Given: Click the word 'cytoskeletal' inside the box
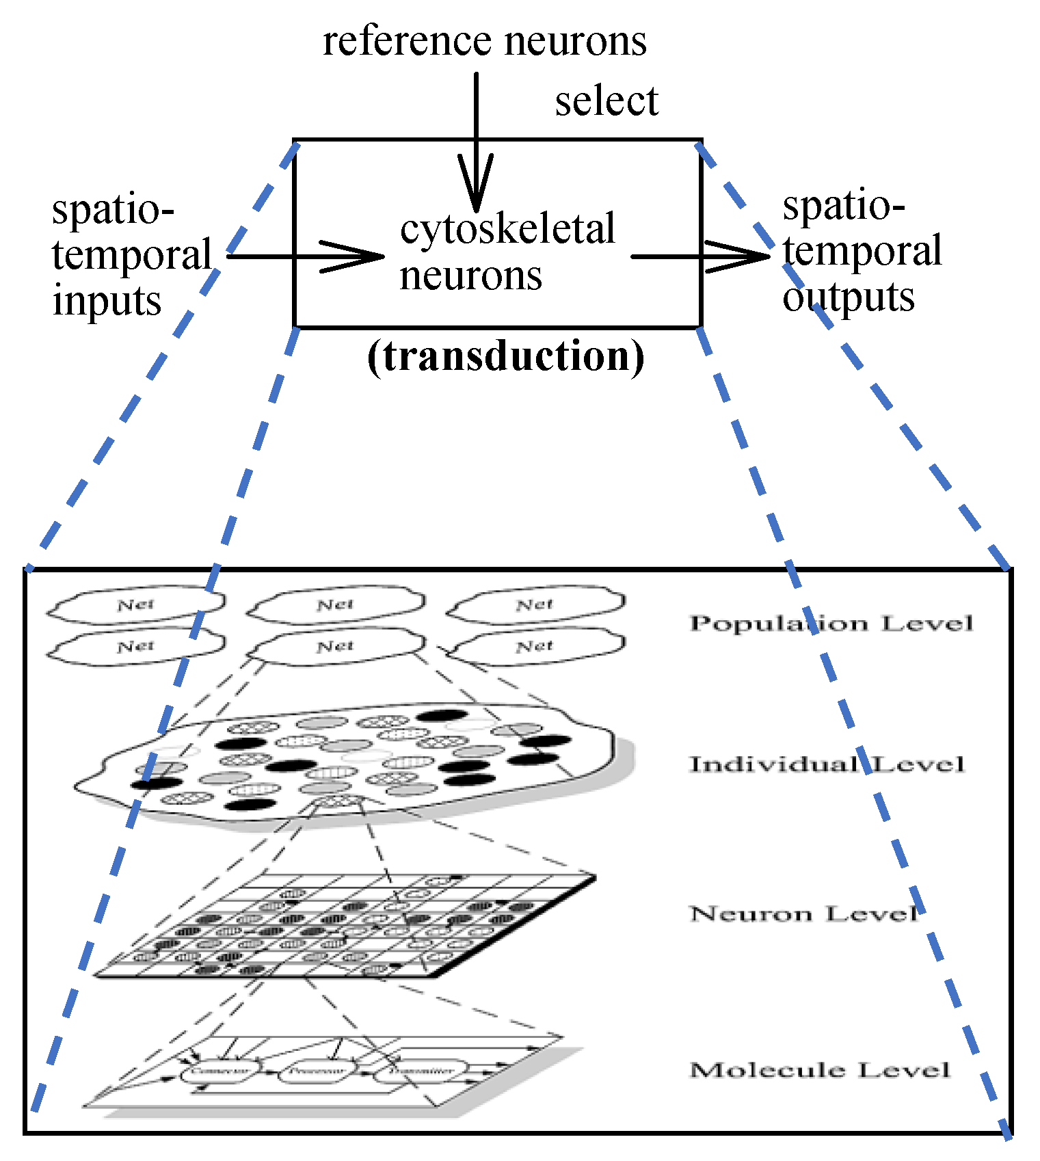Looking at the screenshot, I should point(507,229).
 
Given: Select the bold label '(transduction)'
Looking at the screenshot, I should point(505,356).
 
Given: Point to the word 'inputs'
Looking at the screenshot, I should point(107,301).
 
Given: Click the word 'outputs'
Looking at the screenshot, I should point(848,297).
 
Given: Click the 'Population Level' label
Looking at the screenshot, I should point(831,623).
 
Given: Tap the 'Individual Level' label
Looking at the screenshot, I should point(826,764).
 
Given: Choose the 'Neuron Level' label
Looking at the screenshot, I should point(803,913).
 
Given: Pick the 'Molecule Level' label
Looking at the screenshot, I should point(819,1069).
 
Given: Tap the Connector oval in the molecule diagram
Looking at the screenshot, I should point(221,1071).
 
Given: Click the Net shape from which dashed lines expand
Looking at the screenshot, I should point(335,646).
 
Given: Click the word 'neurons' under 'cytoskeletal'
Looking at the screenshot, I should point(470,276).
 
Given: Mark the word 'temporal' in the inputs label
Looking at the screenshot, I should point(131,255).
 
